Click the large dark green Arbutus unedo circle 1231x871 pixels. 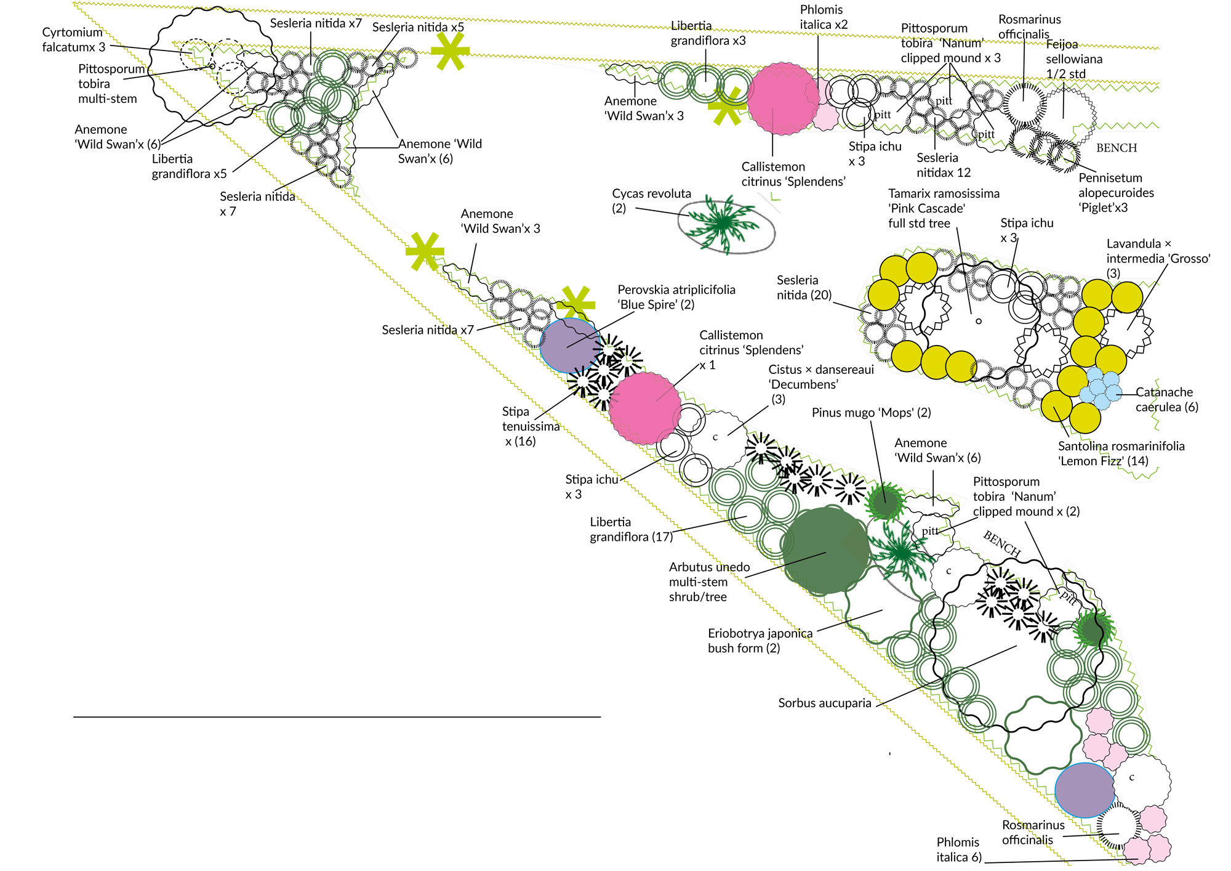[x=826, y=550]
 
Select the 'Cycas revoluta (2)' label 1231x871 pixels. [x=651, y=201]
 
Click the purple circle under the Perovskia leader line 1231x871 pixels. [x=570, y=345]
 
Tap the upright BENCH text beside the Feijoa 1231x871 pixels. [x=1117, y=148]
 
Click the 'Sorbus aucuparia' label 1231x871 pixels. [x=825, y=703]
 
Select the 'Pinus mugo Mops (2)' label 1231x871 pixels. [x=871, y=413]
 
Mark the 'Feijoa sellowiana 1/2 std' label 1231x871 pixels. [x=1074, y=59]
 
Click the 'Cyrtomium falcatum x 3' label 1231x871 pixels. [x=73, y=39]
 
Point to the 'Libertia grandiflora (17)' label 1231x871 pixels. [x=631, y=529]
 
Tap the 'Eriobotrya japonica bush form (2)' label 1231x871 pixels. [x=760, y=641]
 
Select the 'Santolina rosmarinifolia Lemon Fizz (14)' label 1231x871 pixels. [x=1121, y=453]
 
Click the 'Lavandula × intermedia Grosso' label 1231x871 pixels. [x=1158, y=258]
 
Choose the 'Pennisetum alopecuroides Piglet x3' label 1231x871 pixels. [x=1116, y=193]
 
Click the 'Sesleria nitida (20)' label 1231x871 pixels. [x=803, y=288]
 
